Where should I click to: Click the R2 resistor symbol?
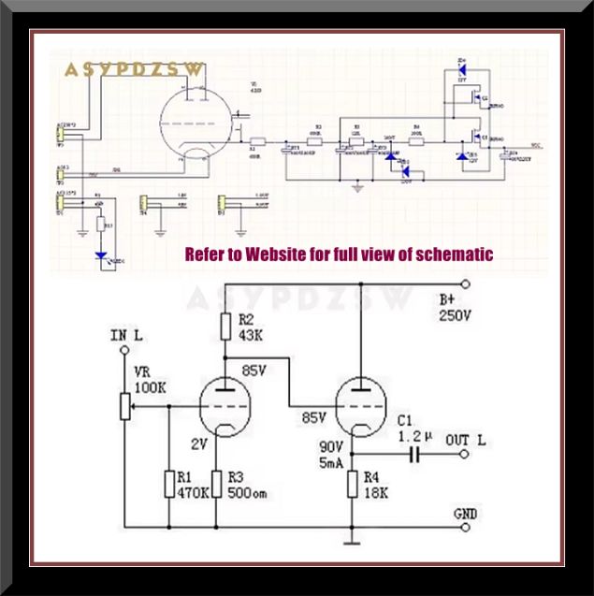(x=225, y=327)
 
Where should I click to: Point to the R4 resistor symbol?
(x=353, y=484)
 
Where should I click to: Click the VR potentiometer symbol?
(x=124, y=405)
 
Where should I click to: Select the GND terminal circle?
(x=465, y=527)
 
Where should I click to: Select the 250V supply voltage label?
(x=456, y=317)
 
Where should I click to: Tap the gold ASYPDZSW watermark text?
(x=133, y=70)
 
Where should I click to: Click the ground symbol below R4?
(x=353, y=541)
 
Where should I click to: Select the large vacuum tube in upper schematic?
(x=197, y=123)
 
